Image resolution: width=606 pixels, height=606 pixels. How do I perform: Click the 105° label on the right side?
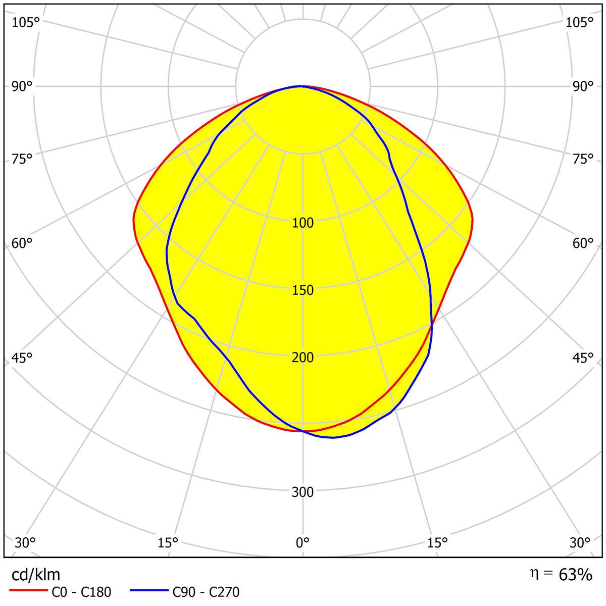click(579, 22)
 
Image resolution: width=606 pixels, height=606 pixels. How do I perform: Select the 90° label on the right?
click(583, 86)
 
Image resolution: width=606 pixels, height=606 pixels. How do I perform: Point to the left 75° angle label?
click(22, 159)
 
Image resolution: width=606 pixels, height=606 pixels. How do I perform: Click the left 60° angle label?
click(22, 243)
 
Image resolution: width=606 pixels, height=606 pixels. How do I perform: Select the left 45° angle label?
click(22, 358)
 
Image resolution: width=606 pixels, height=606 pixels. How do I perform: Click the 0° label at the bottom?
click(302, 543)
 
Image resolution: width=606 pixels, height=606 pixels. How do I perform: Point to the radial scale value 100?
click(302, 223)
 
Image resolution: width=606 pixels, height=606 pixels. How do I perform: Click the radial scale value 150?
click(302, 290)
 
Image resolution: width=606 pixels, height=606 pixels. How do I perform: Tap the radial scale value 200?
click(302, 358)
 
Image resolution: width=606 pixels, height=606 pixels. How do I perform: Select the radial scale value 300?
click(302, 492)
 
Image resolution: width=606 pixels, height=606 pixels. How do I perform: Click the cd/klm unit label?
click(35, 575)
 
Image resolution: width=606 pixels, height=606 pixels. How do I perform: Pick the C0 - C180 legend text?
click(81, 592)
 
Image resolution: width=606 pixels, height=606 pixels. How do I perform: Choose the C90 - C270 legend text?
click(206, 592)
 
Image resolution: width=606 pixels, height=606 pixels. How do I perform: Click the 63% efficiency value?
click(575, 574)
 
